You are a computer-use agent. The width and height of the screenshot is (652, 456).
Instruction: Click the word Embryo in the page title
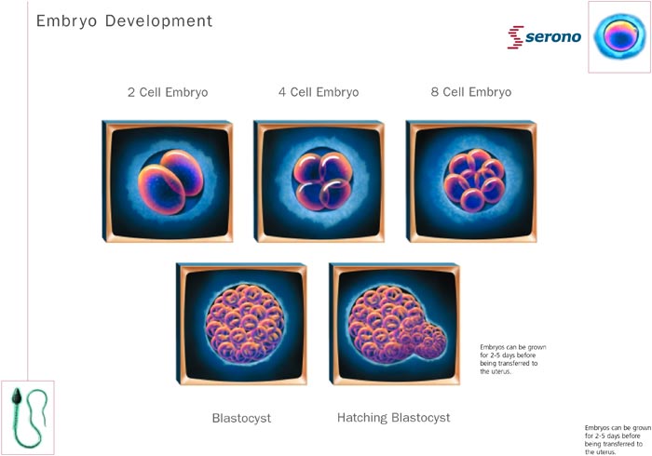pos(66,21)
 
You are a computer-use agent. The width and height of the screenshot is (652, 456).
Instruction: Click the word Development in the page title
pos(158,20)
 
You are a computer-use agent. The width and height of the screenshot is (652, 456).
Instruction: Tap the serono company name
pos(553,37)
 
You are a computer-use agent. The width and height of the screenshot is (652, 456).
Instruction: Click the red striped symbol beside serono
pos(516,37)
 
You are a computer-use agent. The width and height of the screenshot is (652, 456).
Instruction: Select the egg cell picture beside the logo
pos(619,36)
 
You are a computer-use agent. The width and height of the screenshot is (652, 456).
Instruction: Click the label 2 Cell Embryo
pos(168,92)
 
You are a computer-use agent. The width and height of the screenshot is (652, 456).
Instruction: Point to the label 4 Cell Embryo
pos(319,92)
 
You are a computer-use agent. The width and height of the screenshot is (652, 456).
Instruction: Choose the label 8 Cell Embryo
pos(471,92)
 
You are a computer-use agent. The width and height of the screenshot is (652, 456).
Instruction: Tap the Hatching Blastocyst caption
pos(393,417)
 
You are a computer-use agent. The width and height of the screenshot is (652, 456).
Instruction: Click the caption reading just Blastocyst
pos(241,418)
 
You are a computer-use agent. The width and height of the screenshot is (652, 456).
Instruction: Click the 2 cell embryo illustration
pos(170,181)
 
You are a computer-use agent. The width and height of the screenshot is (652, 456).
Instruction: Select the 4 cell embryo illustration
pos(322,181)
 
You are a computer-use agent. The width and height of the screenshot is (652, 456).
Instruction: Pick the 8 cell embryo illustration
pos(474,181)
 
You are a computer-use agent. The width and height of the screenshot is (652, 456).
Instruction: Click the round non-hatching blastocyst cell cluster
pos(245,324)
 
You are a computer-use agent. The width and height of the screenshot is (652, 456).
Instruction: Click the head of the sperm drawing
pos(17,397)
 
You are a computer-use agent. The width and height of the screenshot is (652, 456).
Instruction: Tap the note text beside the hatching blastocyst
pos(513,359)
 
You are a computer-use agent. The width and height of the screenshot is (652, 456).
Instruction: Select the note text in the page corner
pos(618,440)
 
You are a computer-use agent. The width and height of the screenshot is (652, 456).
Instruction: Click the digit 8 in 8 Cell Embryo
pos(435,92)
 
